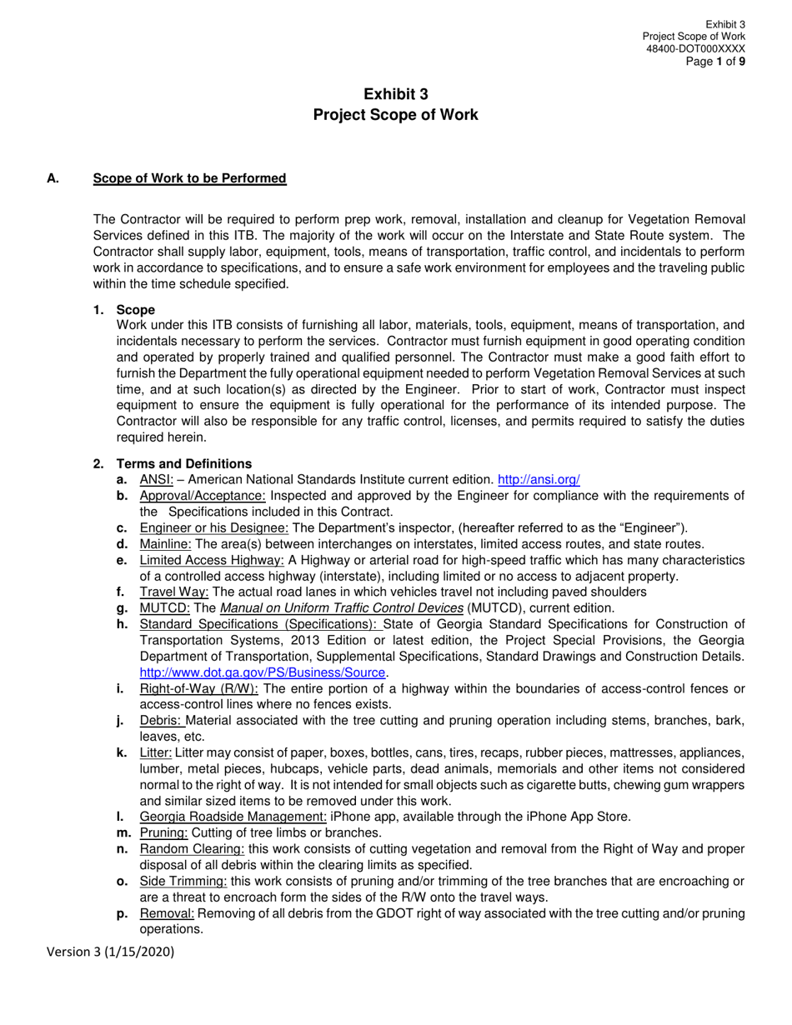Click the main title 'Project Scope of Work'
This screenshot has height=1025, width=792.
tap(395, 115)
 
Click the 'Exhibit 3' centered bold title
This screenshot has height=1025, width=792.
tap(395, 94)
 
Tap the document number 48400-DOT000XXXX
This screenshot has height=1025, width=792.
tap(695, 49)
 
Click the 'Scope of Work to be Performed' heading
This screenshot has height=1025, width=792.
tap(189, 178)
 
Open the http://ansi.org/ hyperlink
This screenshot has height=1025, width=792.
tap(538, 479)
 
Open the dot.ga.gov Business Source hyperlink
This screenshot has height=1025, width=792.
tap(263, 672)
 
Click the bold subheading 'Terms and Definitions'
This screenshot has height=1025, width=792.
tap(183, 463)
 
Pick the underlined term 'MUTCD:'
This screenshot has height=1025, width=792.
tap(164, 607)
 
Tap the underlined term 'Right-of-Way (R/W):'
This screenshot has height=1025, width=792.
tap(198, 688)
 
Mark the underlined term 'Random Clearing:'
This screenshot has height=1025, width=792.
tap(192, 848)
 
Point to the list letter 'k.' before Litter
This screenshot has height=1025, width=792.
tap(122, 752)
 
